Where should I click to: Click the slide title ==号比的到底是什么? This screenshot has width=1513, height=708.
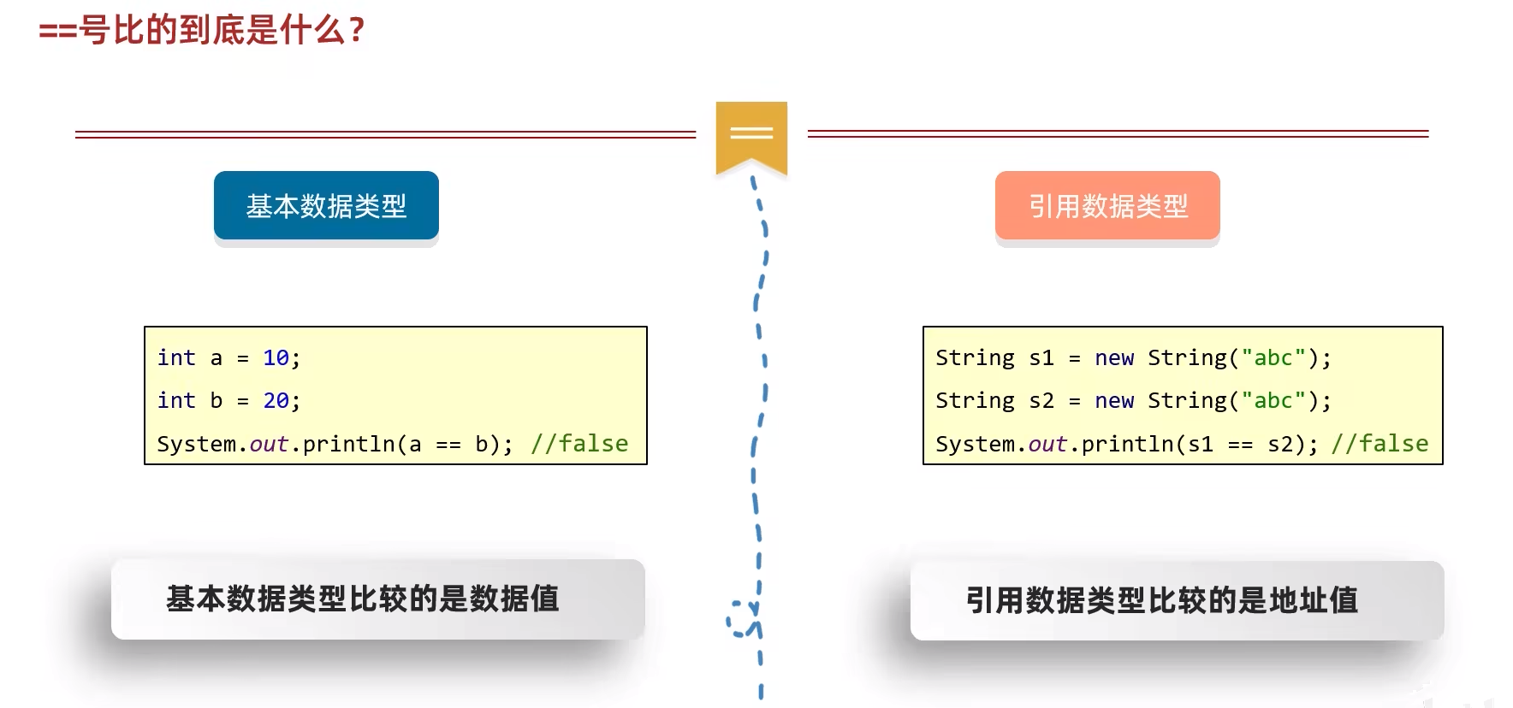click(202, 31)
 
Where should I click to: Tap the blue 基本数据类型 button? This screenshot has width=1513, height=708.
click(326, 206)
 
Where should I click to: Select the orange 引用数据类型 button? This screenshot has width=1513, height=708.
click(1107, 206)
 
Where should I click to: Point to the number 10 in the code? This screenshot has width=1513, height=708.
click(276, 357)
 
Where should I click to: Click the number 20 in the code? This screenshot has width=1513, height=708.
click(276, 400)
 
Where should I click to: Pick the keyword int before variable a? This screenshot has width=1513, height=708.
click(176, 357)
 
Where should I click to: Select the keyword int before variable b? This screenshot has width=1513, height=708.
click(176, 400)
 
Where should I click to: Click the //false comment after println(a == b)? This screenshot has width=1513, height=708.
click(579, 444)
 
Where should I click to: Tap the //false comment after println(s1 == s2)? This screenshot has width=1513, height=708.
click(1379, 444)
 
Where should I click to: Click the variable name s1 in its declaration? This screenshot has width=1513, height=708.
click(1041, 357)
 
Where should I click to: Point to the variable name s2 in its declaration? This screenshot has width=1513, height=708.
click(1041, 400)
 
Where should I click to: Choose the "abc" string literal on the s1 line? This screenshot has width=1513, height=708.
click(1273, 357)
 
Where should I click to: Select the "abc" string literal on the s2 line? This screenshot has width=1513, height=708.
click(1273, 400)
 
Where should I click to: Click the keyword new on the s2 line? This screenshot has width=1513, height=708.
click(1114, 400)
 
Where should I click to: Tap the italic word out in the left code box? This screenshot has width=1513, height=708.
click(269, 444)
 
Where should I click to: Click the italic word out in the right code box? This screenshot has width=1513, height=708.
click(1047, 444)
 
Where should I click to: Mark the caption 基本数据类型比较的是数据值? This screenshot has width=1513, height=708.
click(363, 599)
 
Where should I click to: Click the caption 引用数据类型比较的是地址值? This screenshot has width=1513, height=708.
click(1161, 600)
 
